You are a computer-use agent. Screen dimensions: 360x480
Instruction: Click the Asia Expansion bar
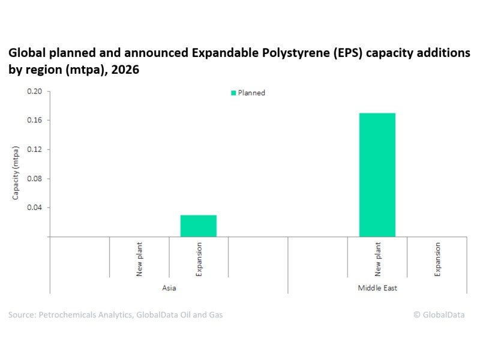pyautogui.click(x=199, y=226)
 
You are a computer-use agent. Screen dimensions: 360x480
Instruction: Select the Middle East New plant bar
pyautogui.click(x=377, y=175)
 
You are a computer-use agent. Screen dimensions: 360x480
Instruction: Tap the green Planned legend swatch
pyautogui.click(x=233, y=93)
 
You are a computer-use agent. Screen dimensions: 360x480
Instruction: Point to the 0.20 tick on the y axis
pyautogui.click(x=35, y=92)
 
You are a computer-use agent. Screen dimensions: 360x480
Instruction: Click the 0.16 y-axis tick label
pyautogui.click(x=35, y=121)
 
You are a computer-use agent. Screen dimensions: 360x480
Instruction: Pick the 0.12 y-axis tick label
pyautogui.click(x=35, y=149)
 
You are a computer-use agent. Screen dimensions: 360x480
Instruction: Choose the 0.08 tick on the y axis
pyautogui.click(x=35, y=179)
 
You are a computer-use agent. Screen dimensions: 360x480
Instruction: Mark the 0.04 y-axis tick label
pyautogui.click(x=35, y=208)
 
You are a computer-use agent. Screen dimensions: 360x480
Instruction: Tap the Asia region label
pyautogui.click(x=169, y=288)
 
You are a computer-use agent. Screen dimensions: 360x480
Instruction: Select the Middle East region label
pyautogui.click(x=377, y=288)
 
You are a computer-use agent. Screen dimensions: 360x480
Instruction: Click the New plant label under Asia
pyautogui.click(x=139, y=258)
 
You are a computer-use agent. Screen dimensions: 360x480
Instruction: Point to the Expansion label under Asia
pyautogui.click(x=199, y=258)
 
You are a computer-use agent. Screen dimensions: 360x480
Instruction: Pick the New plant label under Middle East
pyautogui.click(x=377, y=258)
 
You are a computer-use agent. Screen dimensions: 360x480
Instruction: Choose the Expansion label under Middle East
pyautogui.click(x=437, y=258)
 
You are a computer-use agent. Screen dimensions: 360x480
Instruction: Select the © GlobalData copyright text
pyautogui.click(x=439, y=314)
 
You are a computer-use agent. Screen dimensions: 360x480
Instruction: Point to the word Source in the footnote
pyautogui.click(x=22, y=314)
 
